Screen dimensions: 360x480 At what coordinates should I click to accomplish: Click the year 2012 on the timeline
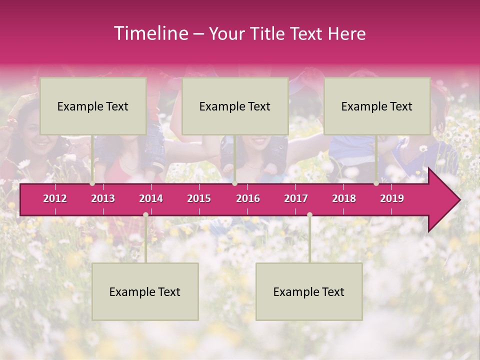coord(55,198)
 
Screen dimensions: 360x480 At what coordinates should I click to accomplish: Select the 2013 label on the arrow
coord(103,198)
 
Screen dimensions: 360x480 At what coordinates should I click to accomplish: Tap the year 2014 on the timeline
coord(151,198)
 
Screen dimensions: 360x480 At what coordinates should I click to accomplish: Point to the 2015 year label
coord(199,198)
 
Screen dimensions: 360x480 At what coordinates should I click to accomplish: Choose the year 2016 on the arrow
coord(248,198)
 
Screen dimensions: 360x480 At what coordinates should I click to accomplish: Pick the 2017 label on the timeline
coord(296,198)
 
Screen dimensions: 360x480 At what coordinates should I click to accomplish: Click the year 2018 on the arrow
coord(344,198)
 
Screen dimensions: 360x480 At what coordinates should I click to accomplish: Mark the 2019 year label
coord(392,198)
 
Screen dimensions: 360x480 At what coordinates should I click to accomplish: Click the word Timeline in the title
coord(150,33)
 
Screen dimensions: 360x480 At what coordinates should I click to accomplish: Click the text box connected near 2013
coord(93,106)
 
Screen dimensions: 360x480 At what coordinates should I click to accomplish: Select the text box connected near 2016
coord(235,106)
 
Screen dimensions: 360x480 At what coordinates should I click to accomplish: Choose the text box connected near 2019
coord(377,106)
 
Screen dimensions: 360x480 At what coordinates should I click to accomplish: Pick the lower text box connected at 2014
coord(145,291)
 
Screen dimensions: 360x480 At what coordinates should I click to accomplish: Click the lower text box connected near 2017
coord(309,291)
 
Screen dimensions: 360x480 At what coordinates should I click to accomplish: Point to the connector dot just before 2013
coord(92,183)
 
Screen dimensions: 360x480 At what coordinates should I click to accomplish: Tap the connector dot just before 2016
coord(234,183)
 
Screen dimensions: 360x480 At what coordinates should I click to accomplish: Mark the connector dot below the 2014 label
coord(145,214)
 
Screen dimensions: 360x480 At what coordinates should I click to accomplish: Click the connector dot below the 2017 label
coord(309,214)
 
